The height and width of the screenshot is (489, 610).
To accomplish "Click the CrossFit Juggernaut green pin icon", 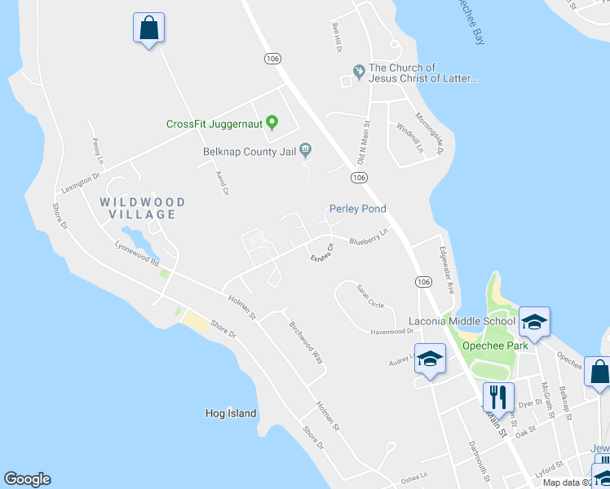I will (272, 124).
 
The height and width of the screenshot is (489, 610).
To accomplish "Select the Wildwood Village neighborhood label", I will (143, 208).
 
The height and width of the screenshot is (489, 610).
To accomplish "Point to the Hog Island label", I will (231, 413).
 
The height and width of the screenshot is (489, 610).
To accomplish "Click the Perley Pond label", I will (357, 209).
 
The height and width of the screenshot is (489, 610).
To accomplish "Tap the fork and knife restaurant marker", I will (497, 398).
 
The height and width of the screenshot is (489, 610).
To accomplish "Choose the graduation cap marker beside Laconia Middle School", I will (534, 322).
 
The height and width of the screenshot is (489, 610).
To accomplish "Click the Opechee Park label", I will (495, 346).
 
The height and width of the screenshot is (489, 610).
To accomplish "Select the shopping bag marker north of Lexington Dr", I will (148, 28).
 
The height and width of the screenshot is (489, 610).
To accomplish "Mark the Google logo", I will (27, 479).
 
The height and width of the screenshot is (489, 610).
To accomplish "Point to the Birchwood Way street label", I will (306, 341).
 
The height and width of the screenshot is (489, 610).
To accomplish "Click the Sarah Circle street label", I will (369, 296).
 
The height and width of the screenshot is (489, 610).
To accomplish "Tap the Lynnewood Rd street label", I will (136, 256).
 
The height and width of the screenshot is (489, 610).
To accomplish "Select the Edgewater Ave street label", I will (445, 268).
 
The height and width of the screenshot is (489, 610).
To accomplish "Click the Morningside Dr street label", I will (430, 133).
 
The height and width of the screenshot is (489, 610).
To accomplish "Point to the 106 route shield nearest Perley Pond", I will (360, 178).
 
